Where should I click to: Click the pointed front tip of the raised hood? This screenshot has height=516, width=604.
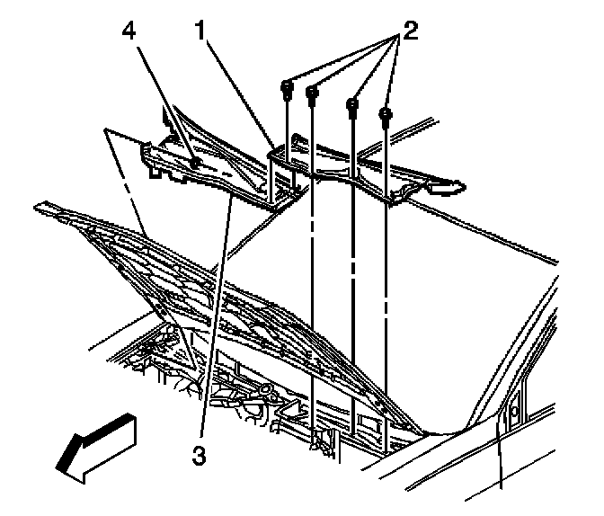38,207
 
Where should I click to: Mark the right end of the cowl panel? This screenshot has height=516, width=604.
458,186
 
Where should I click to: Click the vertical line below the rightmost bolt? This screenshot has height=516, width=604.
385,270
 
